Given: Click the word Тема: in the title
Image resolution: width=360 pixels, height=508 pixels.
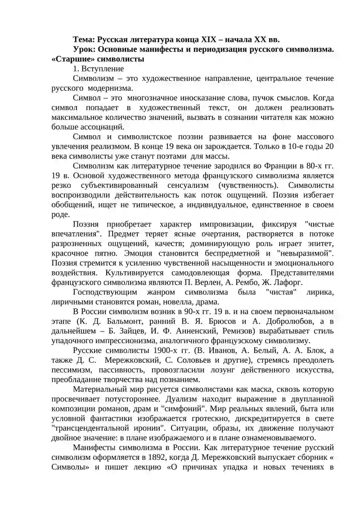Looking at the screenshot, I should tap(84, 40).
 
